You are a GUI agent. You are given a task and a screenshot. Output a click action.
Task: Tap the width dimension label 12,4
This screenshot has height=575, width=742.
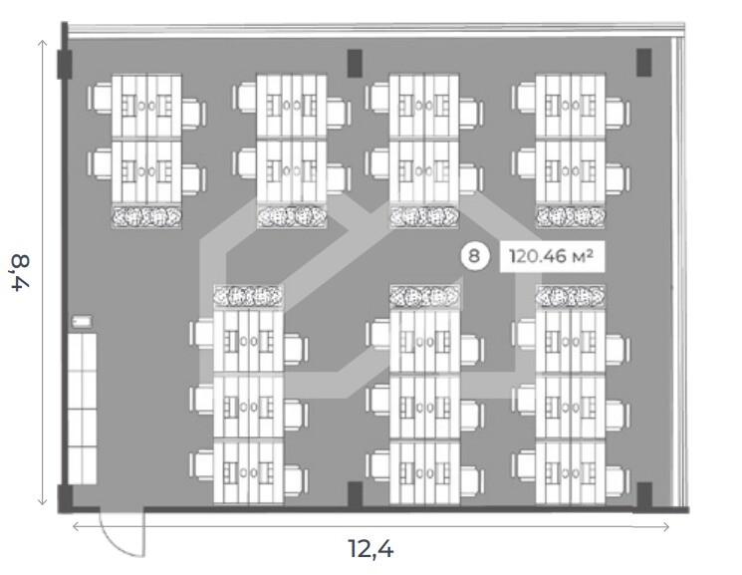376,547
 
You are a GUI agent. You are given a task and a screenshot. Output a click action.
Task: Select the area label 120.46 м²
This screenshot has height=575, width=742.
551,256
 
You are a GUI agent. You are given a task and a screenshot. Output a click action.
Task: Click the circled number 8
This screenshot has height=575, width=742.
474,256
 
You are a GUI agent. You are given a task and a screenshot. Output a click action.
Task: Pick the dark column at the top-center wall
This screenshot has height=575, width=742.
355,63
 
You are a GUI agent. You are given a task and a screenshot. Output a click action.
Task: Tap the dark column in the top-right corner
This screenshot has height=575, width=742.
644,63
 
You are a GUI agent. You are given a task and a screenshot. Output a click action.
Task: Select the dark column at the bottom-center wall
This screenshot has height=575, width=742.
355,494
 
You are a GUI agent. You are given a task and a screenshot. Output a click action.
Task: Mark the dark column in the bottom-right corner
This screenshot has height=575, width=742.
644,494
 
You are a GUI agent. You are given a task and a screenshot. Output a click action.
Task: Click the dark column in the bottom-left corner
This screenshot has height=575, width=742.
65,495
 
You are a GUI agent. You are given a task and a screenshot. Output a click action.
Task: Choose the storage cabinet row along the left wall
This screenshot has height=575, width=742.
83,404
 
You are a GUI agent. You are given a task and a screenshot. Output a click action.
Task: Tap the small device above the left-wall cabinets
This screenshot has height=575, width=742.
81,322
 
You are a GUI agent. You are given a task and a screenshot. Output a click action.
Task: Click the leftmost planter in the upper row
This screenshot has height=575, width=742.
146,215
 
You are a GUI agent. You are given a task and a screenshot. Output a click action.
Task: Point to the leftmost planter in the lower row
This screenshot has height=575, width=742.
248,296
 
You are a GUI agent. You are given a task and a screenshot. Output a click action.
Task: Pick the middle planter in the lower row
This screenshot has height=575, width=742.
424,296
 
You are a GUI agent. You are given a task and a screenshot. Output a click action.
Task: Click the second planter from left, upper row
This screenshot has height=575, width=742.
291,215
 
